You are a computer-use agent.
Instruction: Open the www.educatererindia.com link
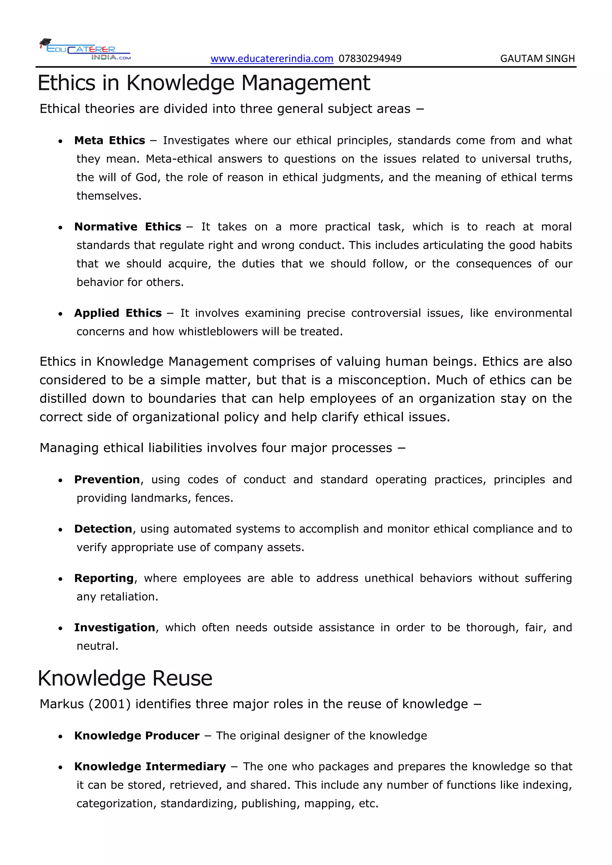272,59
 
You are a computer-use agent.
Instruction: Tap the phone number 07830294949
370,59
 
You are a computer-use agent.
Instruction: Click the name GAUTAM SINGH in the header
537,59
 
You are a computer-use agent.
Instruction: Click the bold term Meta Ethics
109,140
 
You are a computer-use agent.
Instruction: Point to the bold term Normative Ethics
127,227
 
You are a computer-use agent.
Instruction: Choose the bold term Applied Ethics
117,313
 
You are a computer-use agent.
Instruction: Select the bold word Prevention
107,480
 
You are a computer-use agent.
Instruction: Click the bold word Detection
103,529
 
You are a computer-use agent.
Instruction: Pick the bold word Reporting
104,578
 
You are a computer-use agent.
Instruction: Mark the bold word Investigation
114,628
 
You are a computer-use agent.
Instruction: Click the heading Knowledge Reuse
125,679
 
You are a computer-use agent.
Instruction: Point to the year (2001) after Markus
110,704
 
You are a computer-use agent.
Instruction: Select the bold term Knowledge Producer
137,736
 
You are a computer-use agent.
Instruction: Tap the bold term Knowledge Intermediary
150,767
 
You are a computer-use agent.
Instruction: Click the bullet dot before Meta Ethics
60,142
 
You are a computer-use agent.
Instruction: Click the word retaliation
129,597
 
